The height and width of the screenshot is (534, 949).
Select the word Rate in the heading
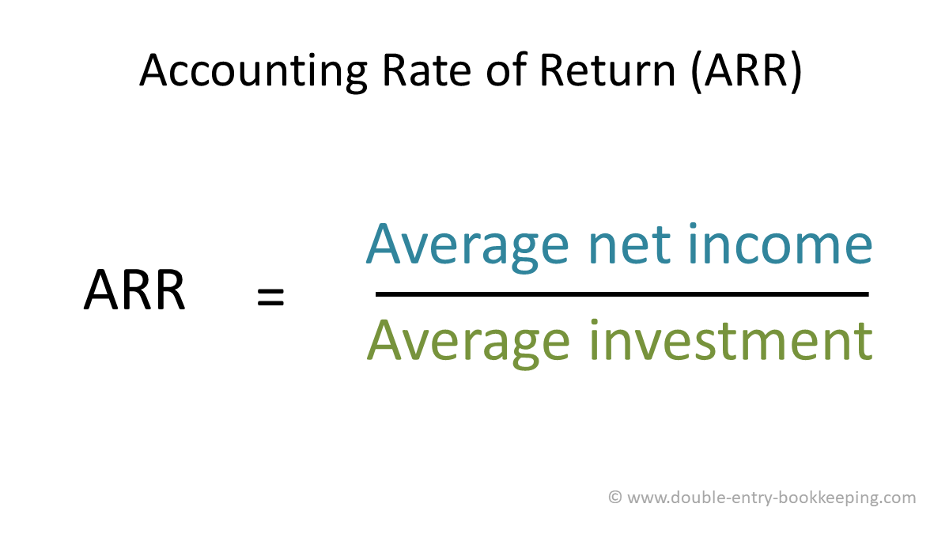[x=426, y=70]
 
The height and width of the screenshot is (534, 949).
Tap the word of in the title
[x=505, y=69]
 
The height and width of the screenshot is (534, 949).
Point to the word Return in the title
[x=607, y=70]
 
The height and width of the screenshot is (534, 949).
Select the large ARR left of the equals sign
[x=134, y=290]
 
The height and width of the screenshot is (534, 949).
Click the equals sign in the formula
[x=270, y=297]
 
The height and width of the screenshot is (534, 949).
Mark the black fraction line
[x=622, y=294]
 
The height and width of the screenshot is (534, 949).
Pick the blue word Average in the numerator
[x=467, y=247]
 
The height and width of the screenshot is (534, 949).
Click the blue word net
[x=630, y=246]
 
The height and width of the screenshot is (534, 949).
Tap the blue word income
[x=781, y=243]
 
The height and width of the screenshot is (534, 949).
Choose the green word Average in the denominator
[x=468, y=343]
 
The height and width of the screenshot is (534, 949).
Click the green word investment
[x=732, y=340]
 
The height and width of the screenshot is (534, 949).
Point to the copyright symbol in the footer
[x=614, y=497]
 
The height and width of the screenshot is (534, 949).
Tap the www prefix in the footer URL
[x=647, y=499]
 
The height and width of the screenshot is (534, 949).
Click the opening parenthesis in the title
[x=697, y=71]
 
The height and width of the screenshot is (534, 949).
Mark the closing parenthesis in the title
[x=796, y=71]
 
